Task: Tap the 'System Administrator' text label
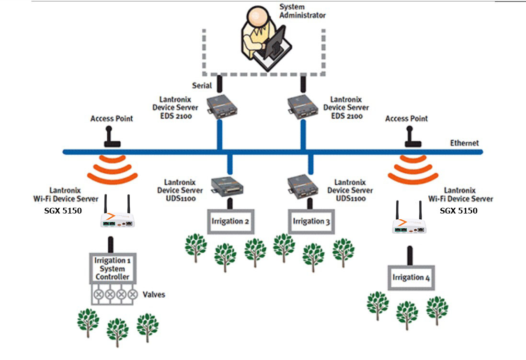coord(302,11)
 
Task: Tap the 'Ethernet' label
coord(464,143)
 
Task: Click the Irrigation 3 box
coord(311,221)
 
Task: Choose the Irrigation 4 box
coord(411,278)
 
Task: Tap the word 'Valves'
coord(154,294)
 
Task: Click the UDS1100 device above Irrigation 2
coord(228,186)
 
